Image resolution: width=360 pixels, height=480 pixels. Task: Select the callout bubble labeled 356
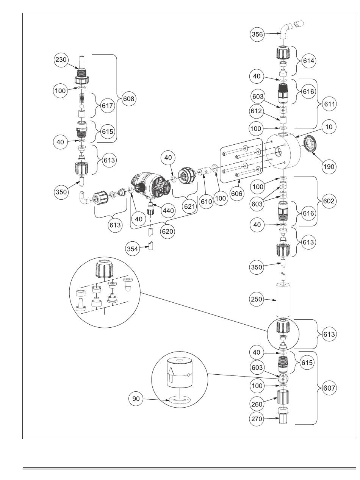pos(257,34)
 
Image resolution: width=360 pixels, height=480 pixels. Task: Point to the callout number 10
pos(329,127)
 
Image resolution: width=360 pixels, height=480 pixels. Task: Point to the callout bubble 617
pos(107,106)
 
